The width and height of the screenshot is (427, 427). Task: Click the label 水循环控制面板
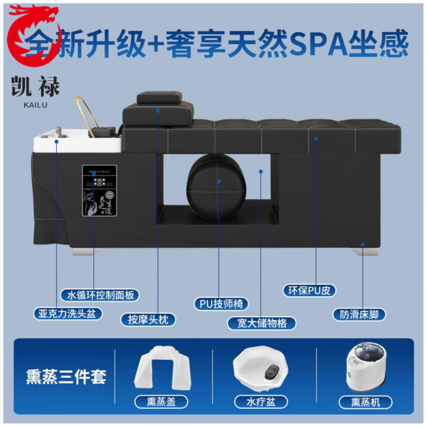tap(104, 295)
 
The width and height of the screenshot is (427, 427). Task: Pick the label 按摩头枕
tap(148, 320)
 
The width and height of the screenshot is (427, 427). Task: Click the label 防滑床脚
tap(359, 314)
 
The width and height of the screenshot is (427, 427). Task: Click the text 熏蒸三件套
tap(66, 376)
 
